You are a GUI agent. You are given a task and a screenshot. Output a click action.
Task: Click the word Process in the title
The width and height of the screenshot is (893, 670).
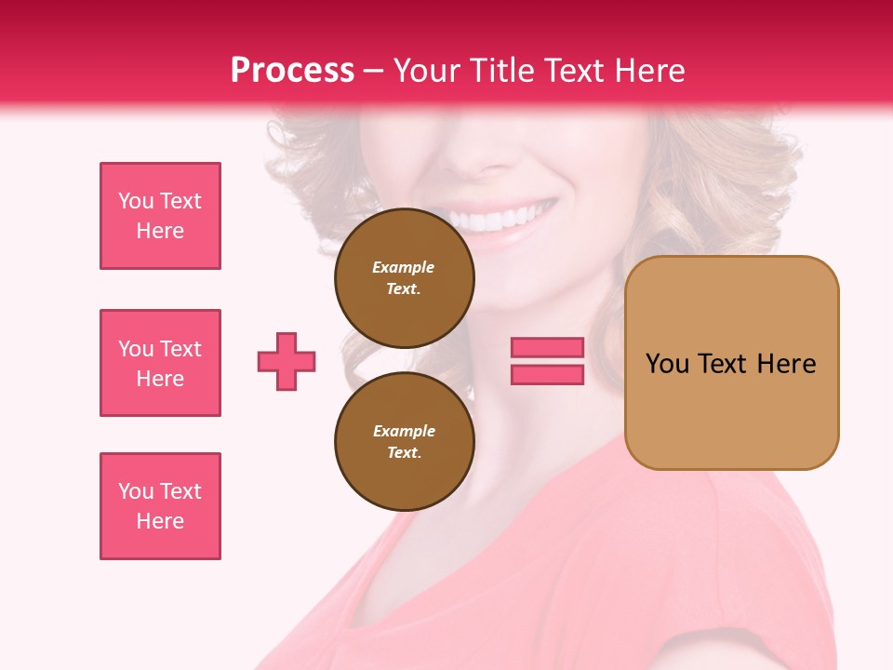coord(292,71)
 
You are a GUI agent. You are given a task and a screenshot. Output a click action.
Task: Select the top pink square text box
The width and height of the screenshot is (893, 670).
coord(160,216)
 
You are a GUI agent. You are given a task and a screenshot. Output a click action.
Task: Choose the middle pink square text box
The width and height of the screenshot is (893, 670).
coord(160,363)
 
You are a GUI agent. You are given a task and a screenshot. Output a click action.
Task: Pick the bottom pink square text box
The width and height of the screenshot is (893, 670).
coord(160,506)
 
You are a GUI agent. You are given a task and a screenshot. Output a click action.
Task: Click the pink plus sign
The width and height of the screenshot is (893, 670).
coord(287,361)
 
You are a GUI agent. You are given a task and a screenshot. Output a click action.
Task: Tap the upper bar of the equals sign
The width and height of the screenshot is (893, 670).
coord(547,347)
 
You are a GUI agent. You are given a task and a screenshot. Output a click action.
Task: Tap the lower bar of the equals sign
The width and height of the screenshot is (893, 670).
coord(547,374)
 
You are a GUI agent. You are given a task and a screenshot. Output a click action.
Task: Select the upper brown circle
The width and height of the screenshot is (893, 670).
coord(405,278)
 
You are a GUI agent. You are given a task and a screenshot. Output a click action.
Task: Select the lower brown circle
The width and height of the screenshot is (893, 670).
coord(405,442)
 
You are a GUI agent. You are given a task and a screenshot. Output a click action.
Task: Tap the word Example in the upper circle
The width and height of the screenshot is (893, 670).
coord(404,267)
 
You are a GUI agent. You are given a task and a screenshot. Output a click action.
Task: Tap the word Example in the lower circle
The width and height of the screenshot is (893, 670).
coord(404,431)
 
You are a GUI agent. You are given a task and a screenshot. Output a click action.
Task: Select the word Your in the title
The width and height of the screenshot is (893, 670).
coord(427,71)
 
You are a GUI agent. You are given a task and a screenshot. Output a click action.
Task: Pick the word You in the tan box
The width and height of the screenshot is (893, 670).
coord(669,364)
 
